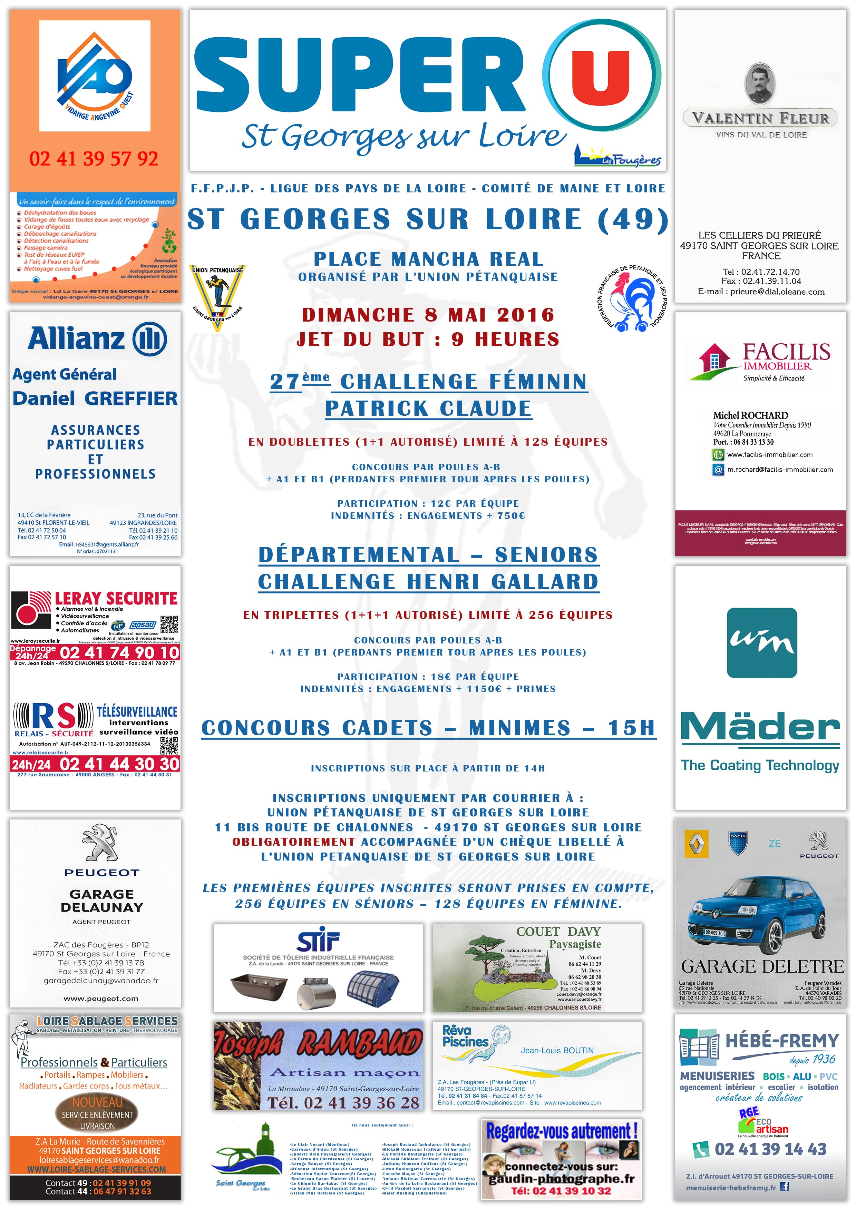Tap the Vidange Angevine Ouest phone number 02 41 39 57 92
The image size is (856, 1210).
pos(94,159)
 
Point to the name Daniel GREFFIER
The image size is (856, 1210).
pos(95,399)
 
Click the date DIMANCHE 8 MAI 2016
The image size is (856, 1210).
pos(428,315)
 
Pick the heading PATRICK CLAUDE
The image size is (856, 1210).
pos(428,409)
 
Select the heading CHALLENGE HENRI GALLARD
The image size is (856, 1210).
pos(428,582)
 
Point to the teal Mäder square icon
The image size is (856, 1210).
pos(762,642)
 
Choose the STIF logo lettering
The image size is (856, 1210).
pos(318,941)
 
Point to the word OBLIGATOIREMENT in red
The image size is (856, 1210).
pos(294,842)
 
